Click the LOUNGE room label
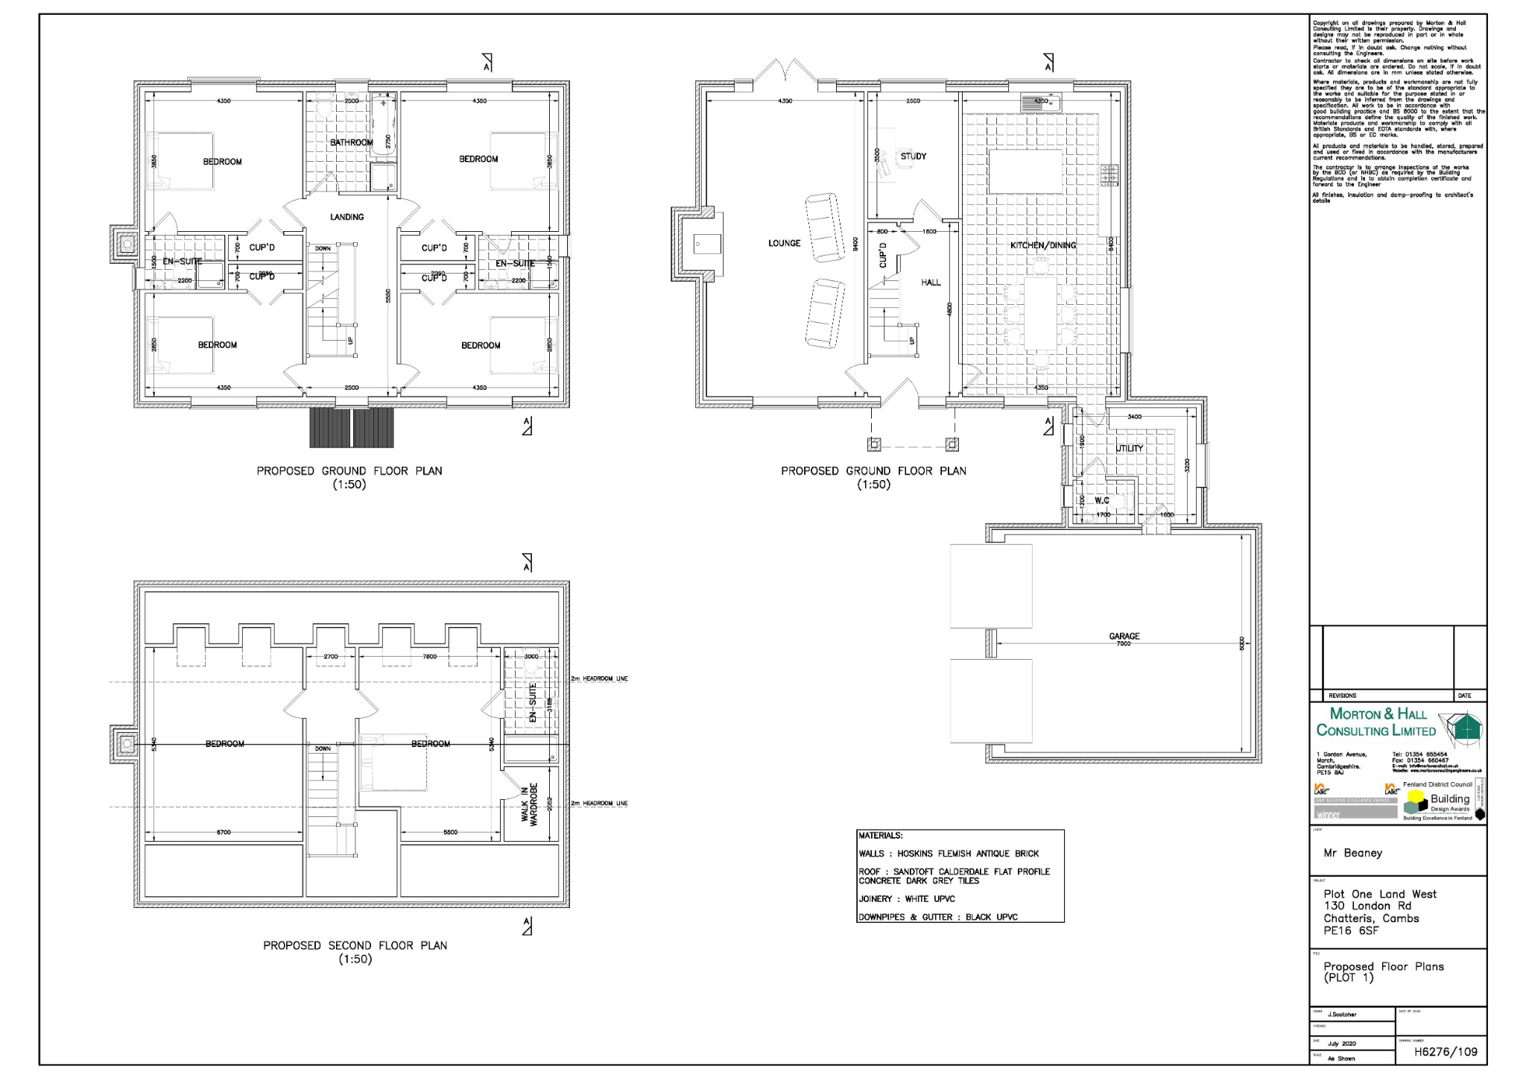(784, 243)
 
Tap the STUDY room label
(913, 157)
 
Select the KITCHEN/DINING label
(1042, 245)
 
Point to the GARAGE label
(1124, 636)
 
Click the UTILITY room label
(1129, 448)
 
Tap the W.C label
(1101, 500)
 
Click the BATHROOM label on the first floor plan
(351, 142)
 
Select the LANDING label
(346, 217)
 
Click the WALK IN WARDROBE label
(529, 805)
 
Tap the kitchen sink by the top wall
(1040, 101)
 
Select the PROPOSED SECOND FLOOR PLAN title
(355, 945)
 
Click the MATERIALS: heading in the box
(880, 836)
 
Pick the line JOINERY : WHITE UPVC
(906, 899)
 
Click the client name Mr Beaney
(1352, 853)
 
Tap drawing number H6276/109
(1446, 1052)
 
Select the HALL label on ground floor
(931, 283)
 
